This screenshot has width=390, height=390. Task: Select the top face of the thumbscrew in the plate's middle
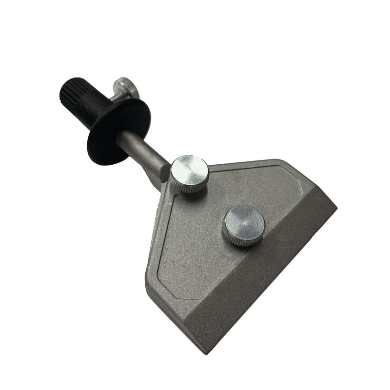[x=244, y=222]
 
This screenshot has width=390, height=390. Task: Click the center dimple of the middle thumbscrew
[x=244, y=222]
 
